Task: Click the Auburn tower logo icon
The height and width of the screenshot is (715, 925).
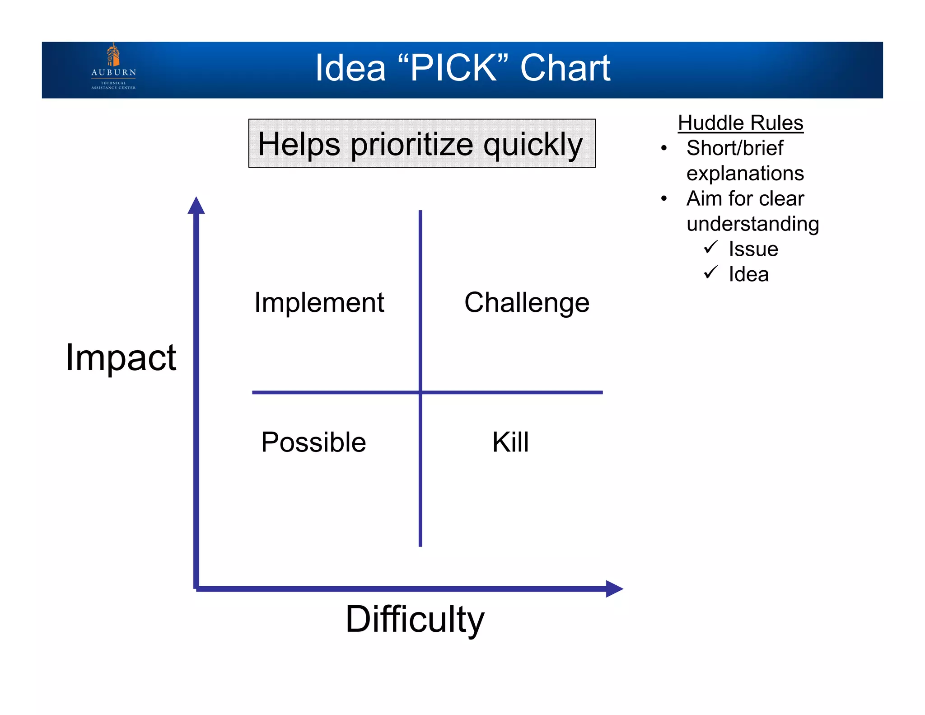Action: [113, 55]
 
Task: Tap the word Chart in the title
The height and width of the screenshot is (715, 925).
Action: [565, 68]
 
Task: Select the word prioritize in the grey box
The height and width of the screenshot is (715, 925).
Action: [412, 145]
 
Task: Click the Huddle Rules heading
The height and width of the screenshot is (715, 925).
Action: [740, 123]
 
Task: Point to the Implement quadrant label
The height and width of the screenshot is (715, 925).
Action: [319, 302]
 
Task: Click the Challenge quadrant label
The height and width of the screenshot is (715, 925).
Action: [527, 302]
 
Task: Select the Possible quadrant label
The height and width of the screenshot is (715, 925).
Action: [313, 442]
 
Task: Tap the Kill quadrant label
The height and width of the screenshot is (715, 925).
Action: [510, 442]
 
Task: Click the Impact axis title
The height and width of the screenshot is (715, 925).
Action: [121, 357]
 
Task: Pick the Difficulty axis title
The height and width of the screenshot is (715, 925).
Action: [415, 619]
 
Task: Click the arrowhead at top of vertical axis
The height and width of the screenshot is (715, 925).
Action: [196, 206]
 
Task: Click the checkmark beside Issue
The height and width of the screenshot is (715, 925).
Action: [710, 247]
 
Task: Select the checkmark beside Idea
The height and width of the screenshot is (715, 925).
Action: [710, 273]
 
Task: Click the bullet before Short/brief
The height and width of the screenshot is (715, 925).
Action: [663, 148]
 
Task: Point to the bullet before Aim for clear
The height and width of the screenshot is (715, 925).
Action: [663, 199]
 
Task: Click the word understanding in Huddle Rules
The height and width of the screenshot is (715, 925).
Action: [752, 224]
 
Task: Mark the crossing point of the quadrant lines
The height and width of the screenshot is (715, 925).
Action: [420, 392]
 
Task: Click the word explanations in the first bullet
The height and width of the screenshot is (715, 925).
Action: [745, 174]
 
